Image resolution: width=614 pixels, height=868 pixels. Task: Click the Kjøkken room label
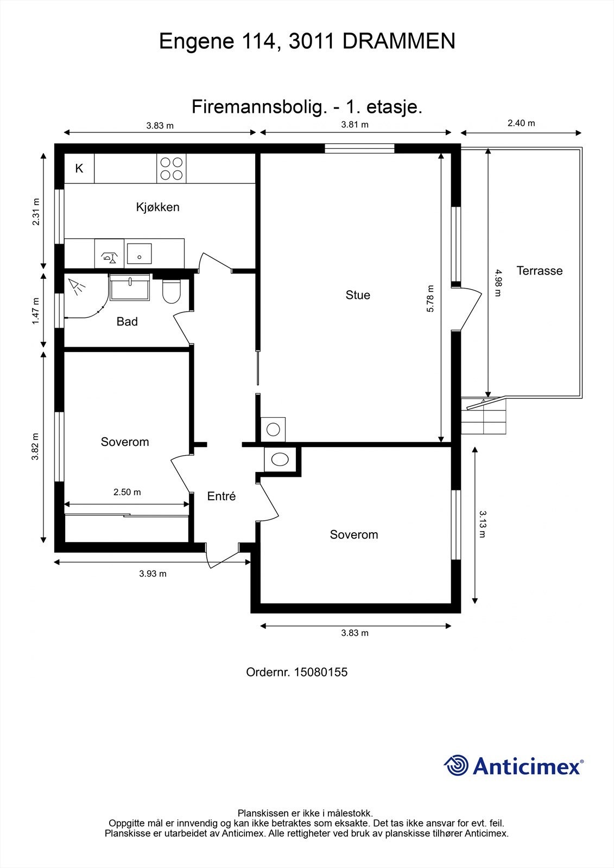click(x=157, y=207)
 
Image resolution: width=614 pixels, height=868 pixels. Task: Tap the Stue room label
click(x=358, y=295)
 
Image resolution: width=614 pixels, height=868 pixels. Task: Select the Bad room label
click(x=127, y=321)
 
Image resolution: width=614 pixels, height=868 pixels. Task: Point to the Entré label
click(x=221, y=496)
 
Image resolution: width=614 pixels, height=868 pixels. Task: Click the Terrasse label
click(x=539, y=271)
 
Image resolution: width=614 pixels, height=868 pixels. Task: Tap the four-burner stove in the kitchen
click(x=172, y=169)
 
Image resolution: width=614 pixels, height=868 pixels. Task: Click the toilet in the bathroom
click(x=171, y=291)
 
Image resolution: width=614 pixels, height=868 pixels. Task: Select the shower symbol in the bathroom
click(x=77, y=287)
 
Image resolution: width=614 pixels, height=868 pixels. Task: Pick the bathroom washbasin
click(x=130, y=287)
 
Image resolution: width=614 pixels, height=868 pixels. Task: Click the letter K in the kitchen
click(x=79, y=168)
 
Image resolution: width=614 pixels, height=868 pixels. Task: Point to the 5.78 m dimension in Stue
click(x=430, y=298)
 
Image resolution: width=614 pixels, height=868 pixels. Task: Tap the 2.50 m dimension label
click(x=127, y=492)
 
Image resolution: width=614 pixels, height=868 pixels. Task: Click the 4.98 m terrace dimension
click(x=498, y=283)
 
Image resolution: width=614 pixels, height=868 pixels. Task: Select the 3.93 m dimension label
click(x=153, y=573)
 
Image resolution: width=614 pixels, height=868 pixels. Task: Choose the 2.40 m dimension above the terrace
click(x=521, y=123)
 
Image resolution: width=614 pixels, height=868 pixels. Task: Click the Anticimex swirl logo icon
click(x=456, y=765)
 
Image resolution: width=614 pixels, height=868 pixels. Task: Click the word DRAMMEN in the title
click(x=398, y=41)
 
